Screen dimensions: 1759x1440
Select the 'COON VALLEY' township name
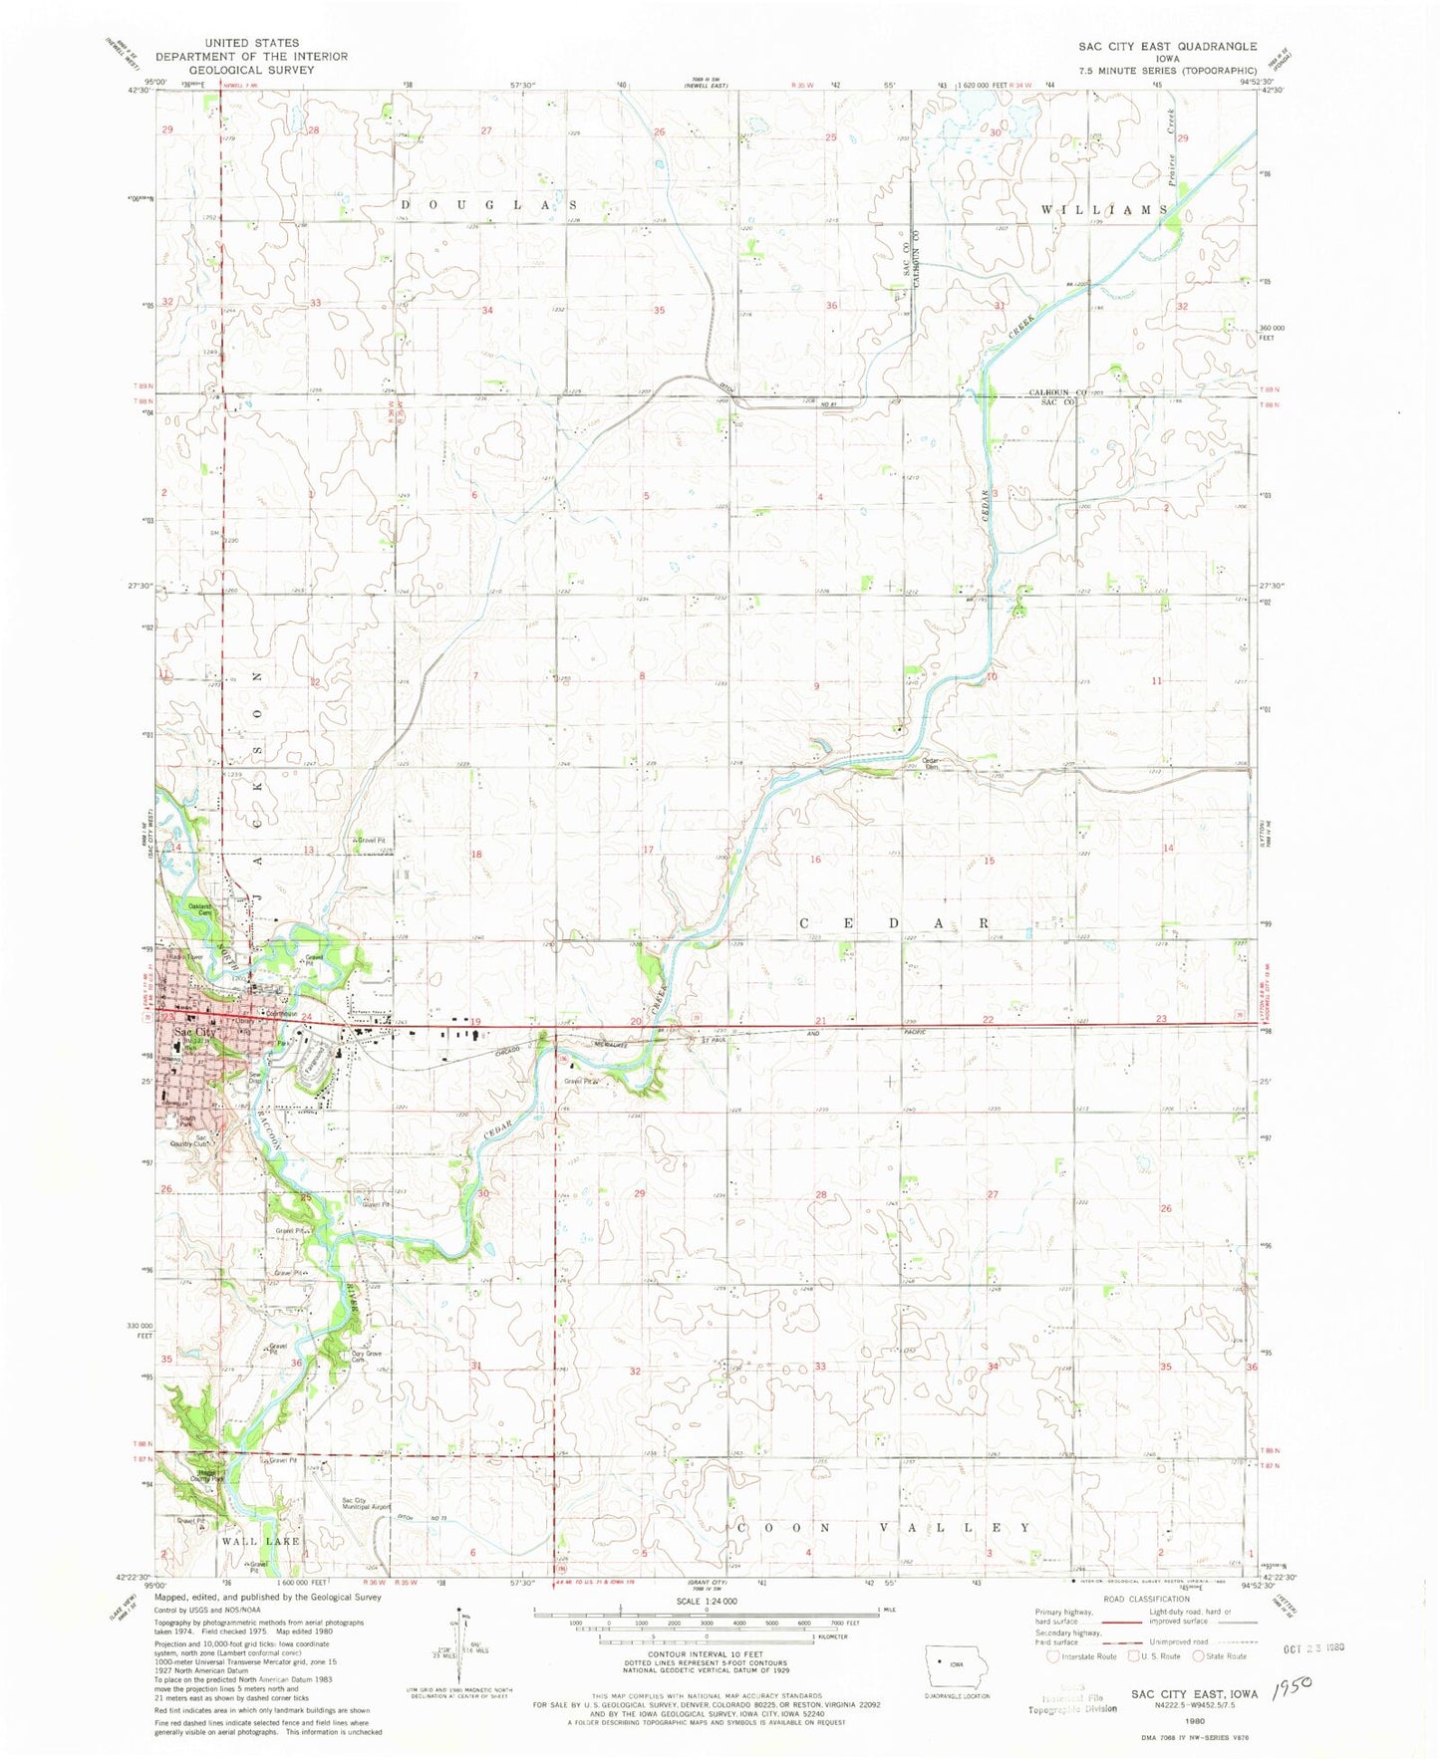[883, 1527]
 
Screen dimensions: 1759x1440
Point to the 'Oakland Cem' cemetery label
[203, 908]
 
